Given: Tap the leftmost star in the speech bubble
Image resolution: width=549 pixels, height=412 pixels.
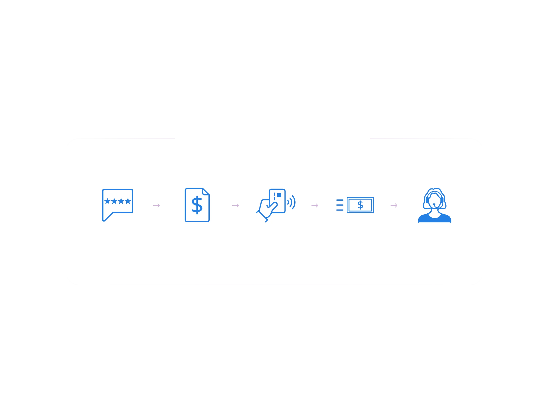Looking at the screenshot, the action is tap(107, 201).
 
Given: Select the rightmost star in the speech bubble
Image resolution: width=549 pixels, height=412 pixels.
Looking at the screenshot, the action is tap(128, 201).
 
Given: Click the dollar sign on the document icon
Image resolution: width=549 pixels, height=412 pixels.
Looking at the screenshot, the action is tap(197, 205).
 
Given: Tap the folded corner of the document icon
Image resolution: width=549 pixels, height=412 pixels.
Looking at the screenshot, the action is tap(206, 192).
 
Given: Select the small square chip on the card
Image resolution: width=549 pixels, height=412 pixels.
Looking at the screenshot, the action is tap(279, 195).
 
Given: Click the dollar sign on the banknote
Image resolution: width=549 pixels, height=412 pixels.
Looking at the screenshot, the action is tap(360, 205).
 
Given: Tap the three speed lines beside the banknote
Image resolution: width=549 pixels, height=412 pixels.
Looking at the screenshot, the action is tap(340, 205).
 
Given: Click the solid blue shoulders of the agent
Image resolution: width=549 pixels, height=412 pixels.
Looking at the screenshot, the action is tap(435, 219).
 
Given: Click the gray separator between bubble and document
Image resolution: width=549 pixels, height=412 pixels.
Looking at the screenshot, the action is tap(157, 205).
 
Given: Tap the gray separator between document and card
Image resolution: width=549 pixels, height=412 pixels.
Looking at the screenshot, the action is tap(236, 205).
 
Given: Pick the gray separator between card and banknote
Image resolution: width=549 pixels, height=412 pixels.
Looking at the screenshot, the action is tap(315, 205).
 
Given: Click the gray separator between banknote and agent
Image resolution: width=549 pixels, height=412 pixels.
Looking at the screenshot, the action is tap(394, 205).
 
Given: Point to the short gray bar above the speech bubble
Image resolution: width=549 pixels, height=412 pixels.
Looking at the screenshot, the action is tap(126, 138).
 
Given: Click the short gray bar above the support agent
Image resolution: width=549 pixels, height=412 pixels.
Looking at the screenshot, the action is tap(422, 138).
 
